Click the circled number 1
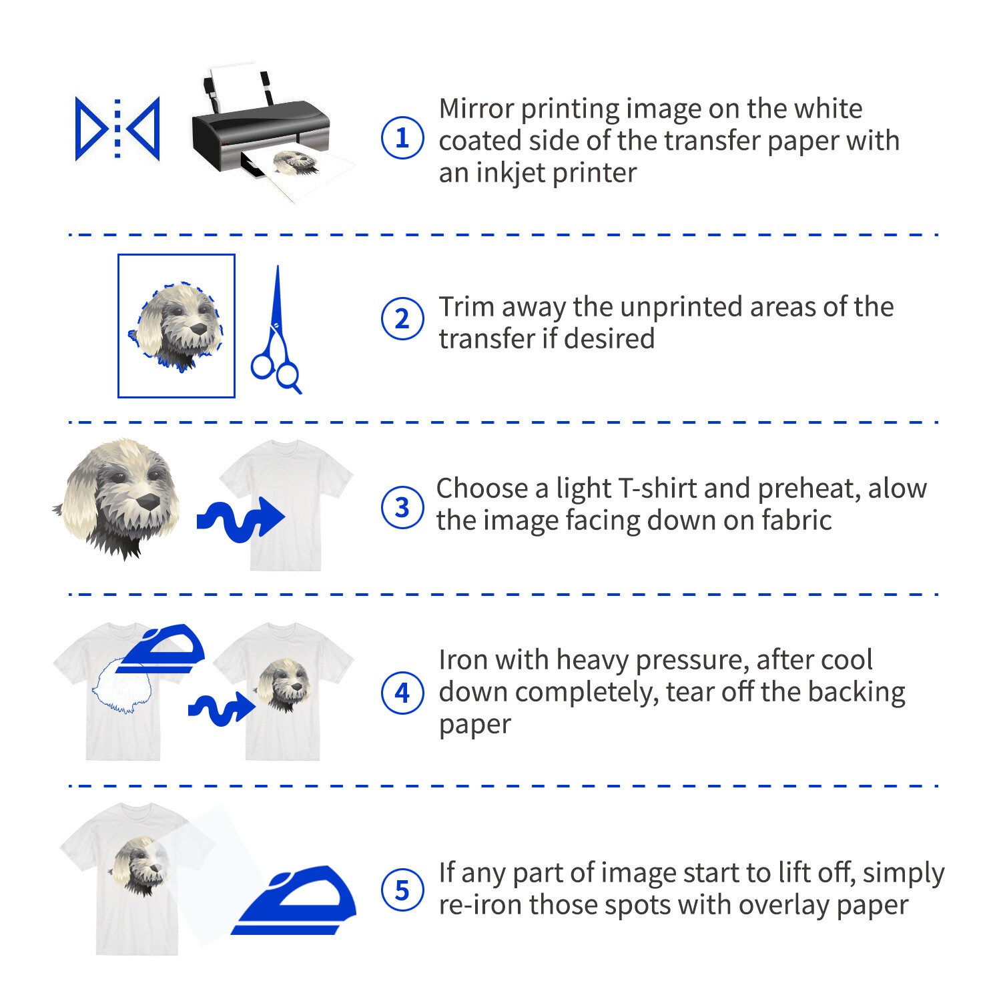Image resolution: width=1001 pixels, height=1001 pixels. (402, 138)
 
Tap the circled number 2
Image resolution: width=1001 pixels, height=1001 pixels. (402, 319)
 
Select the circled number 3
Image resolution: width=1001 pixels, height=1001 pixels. (402, 507)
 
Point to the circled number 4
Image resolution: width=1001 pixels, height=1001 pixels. (402, 693)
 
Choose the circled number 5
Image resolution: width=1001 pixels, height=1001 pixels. (402, 890)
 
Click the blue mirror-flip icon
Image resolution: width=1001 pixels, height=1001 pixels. (117, 129)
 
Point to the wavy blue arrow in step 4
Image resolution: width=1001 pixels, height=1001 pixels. (221, 709)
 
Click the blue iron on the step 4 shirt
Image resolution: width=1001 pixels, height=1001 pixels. (161, 649)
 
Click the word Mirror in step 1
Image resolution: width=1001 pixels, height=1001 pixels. (476, 109)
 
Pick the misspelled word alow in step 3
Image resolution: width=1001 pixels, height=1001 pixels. (897, 488)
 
